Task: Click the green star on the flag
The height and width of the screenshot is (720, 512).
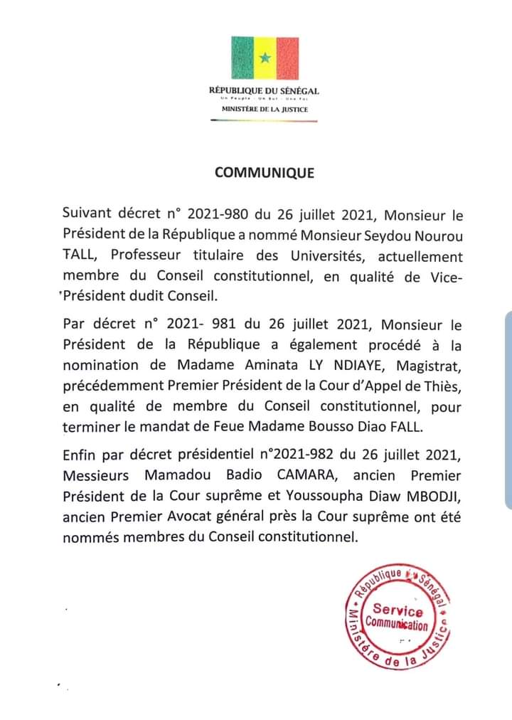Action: pyautogui.click(x=265, y=58)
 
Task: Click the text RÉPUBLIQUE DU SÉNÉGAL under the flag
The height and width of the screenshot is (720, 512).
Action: pyautogui.click(x=264, y=91)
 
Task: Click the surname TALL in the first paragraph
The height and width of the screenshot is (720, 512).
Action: pyautogui.click(x=79, y=257)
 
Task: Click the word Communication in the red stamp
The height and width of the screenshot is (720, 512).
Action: pyautogui.click(x=397, y=625)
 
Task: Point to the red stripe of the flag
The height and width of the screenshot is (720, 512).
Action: pyautogui.click(x=287, y=57)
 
